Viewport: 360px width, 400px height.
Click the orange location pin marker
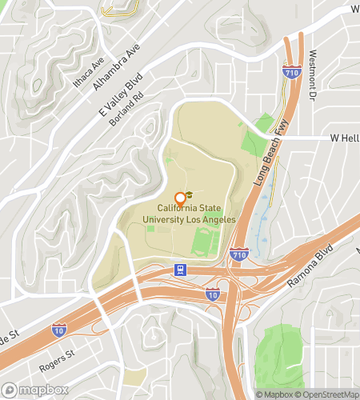click(180, 199)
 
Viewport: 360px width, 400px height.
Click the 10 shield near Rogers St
click(58, 329)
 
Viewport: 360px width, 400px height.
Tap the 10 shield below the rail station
click(212, 295)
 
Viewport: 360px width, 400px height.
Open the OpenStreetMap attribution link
click(327, 394)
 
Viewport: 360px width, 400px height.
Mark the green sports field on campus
click(206, 242)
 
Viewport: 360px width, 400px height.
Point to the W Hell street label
click(345, 138)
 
